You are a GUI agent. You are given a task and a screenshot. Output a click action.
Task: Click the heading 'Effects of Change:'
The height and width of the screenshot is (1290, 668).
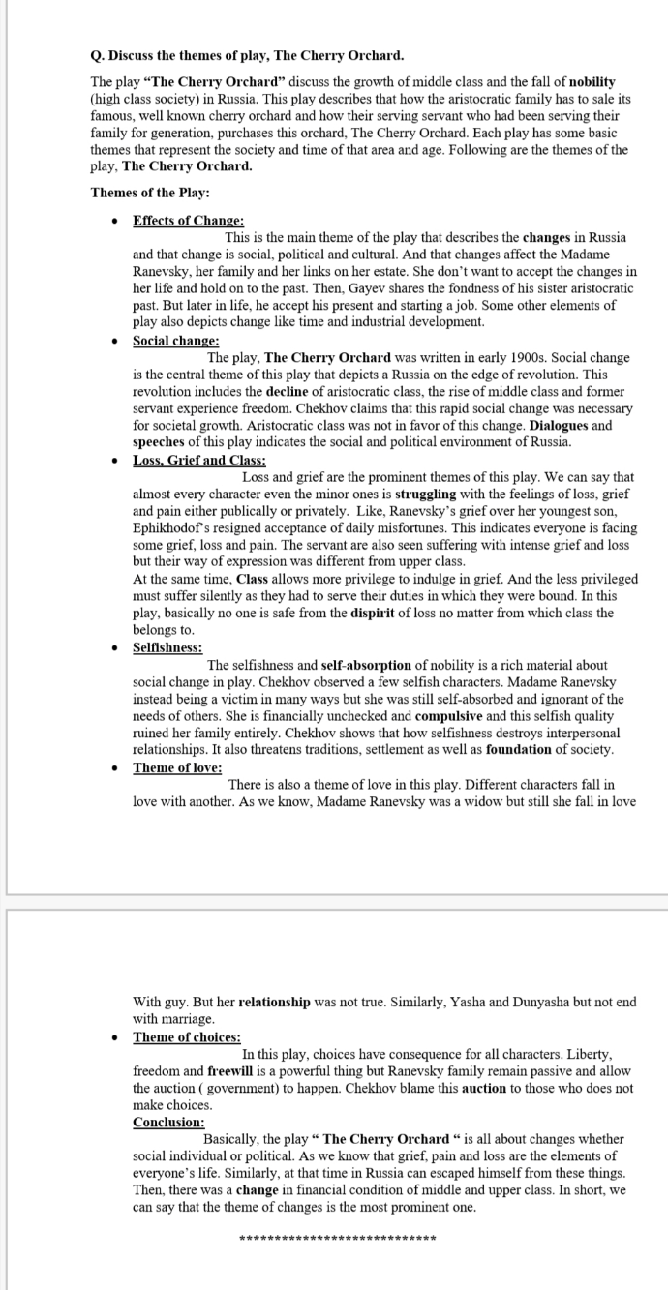[188, 222]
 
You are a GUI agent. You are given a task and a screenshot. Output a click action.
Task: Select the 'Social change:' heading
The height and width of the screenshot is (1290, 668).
[175, 341]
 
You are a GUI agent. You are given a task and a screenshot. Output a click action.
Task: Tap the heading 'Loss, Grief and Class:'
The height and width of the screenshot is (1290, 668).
[198, 461]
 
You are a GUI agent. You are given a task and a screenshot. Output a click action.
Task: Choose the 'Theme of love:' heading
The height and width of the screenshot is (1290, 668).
[177, 767]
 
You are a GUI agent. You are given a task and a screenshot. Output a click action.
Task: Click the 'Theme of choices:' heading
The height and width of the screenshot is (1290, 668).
[187, 1037]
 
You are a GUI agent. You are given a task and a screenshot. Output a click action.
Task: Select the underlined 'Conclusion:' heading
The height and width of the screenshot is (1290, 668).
[168, 1123]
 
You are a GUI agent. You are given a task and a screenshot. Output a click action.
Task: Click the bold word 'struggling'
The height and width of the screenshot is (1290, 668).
[430, 494]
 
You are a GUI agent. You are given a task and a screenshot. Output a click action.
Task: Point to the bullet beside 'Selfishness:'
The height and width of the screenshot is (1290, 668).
[115, 647]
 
